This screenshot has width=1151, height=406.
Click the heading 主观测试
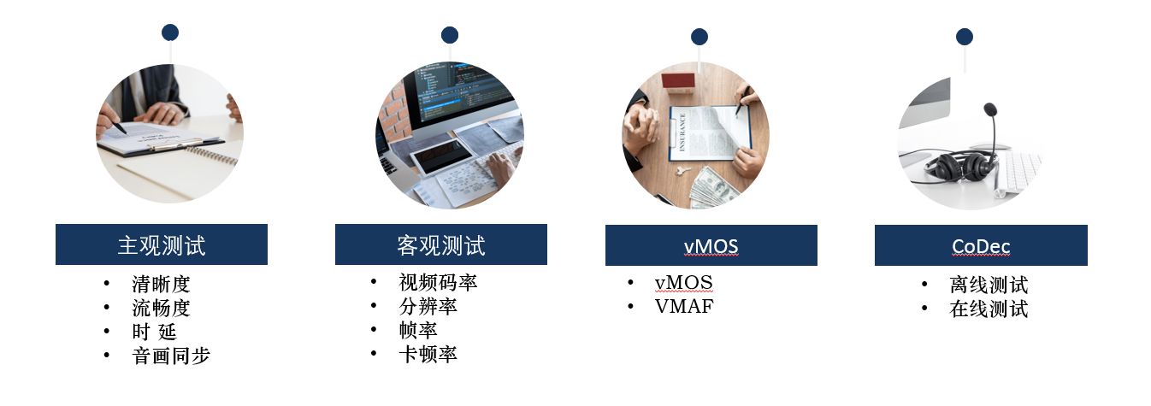click(162, 245)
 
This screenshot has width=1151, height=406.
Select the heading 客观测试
click(441, 245)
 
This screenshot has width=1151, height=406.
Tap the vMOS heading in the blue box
click(711, 246)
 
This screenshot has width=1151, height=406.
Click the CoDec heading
click(981, 246)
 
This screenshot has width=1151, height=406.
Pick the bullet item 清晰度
click(161, 284)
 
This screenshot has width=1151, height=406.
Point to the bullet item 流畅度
click(161, 308)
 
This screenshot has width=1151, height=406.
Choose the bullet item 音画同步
click(171, 355)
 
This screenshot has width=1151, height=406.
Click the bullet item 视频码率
click(438, 282)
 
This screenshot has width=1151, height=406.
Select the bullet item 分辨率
click(428, 306)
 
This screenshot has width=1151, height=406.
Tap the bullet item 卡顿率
click(428, 354)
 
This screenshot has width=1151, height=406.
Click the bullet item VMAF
click(684, 306)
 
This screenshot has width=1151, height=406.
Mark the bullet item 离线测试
click(989, 285)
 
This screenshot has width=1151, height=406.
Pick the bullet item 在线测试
click(989, 309)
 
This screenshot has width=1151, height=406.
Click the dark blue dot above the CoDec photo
click(965, 37)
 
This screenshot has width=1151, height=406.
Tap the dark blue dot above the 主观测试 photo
click(170, 32)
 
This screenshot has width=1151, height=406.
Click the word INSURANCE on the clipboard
click(682, 132)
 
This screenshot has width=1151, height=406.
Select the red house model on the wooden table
click(678, 82)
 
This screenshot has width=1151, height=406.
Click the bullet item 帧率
click(418, 330)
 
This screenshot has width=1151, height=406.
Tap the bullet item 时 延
click(154, 332)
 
